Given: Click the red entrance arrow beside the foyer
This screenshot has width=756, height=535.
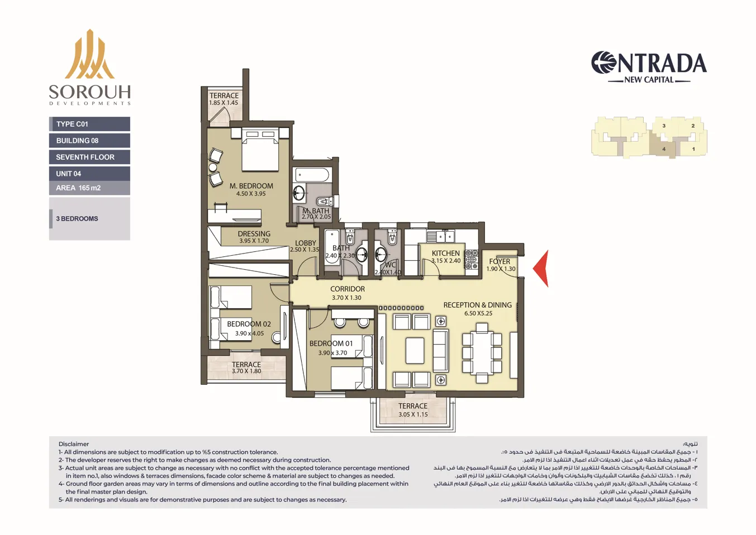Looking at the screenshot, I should (541, 269).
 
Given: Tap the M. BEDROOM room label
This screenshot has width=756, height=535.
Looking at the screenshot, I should (251, 186).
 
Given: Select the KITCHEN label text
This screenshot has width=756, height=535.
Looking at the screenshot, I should (445, 253).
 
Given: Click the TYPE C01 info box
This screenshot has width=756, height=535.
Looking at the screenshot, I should (89, 124).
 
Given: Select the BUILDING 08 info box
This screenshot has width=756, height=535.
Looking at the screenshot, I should (89, 141).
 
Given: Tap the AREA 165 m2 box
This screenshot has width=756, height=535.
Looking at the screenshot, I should (89, 188).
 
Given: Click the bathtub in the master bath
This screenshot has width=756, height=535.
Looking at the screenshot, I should (312, 175).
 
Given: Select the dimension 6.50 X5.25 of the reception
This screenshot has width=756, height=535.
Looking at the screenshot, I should (478, 313).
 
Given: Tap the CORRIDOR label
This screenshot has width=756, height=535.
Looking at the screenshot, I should (347, 289).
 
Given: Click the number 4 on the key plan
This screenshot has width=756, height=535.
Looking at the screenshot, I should (664, 149).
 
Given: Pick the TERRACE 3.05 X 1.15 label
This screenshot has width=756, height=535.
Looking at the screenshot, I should (413, 410).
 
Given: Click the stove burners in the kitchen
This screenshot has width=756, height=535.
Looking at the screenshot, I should (472, 260).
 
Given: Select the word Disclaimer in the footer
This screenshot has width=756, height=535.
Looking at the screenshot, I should (74, 444).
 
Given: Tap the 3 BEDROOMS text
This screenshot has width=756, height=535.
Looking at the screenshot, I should (77, 219).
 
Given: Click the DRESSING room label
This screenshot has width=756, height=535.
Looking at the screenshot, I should (254, 234).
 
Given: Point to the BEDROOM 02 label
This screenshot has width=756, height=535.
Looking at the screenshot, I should (249, 324).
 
